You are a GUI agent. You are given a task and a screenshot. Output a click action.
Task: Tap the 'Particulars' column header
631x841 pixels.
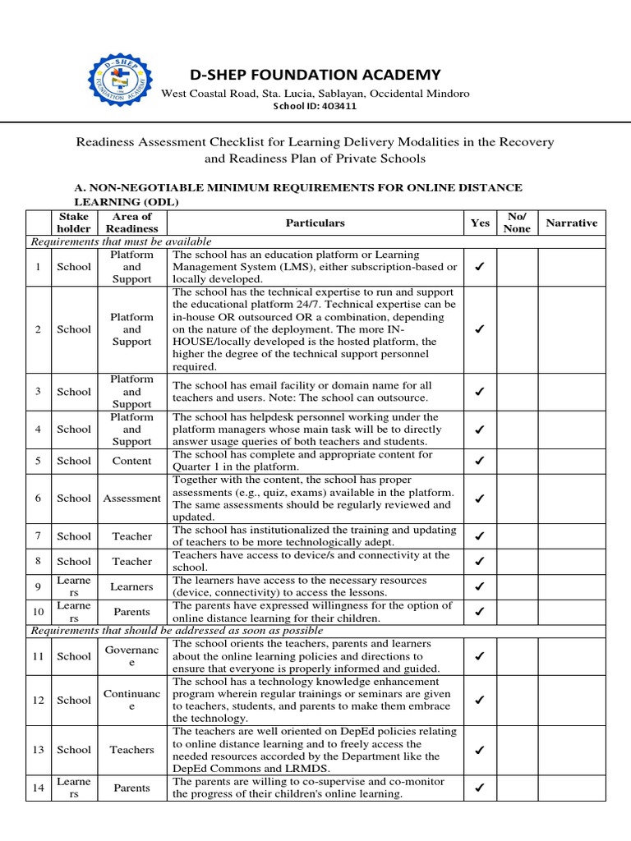pyautogui.click(x=315, y=223)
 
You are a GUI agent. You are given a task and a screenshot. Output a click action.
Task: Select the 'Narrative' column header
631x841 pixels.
pyautogui.click(x=571, y=223)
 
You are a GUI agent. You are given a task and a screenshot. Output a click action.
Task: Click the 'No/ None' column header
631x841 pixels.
pyautogui.click(x=517, y=223)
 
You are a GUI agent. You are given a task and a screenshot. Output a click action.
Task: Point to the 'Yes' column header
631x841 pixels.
pyautogui.click(x=479, y=223)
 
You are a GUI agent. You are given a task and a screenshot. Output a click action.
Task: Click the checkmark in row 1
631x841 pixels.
pyautogui.click(x=480, y=267)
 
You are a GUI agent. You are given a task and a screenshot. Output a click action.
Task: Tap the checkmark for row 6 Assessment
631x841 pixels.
pyautogui.click(x=480, y=498)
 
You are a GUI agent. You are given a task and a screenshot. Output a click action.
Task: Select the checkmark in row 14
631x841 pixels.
pyautogui.click(x=480, y=788)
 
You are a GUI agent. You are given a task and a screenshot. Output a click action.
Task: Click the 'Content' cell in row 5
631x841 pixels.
pyautogui.click(x=132, y=461)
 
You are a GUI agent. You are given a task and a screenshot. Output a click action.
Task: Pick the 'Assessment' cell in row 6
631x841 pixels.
pyautogui.click(x=132, y=498)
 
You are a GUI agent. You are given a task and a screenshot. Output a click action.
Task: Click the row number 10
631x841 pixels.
pyautogui.click(x=38, y=612)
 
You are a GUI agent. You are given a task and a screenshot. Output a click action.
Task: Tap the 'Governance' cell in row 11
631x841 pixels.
pyautogui.click(x=132, y=656)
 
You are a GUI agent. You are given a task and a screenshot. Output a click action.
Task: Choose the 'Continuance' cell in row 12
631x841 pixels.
pyautogui.click(x=132, y=700)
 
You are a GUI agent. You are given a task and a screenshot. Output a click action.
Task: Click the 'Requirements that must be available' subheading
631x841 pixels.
pyautogui.click(x=122, y=241)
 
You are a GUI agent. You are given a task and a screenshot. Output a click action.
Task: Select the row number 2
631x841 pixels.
pyautogui.click(x=38, y=329)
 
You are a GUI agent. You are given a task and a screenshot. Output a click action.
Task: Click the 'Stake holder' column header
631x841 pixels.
pyautogui.click(x=74, y=223)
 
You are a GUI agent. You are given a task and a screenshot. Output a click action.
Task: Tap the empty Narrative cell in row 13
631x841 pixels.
pyautogui.click(x=571, y=750)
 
